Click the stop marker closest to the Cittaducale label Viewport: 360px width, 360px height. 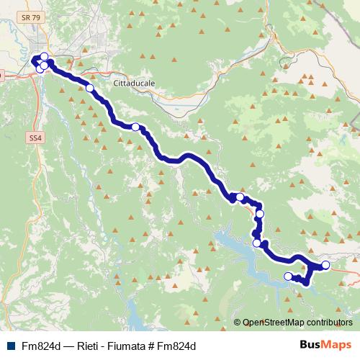[90, 88]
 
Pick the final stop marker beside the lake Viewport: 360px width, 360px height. [288, 276]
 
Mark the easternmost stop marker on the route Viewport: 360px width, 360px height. [325, 265]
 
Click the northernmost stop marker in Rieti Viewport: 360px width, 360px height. [44, 57]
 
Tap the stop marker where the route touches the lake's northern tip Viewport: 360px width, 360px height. [256, 243]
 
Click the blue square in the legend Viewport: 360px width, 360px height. [9, 346]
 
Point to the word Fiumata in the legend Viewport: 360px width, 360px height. [131, 346]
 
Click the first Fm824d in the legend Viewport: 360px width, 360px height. [40, 346]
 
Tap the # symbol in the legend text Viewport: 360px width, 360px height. [155, 346]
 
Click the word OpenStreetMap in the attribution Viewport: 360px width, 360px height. [273, 323]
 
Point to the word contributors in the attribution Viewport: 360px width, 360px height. [328, 323]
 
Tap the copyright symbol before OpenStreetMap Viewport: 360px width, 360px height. [238, 323]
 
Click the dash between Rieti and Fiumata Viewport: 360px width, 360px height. [106, 346]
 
